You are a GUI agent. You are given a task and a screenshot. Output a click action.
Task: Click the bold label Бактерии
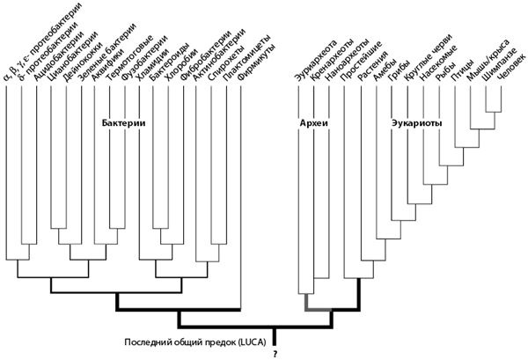[x=123, y=123]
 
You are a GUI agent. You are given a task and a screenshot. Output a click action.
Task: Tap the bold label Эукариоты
[x=415, y=123]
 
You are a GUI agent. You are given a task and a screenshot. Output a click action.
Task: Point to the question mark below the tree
[x=275, y=354]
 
